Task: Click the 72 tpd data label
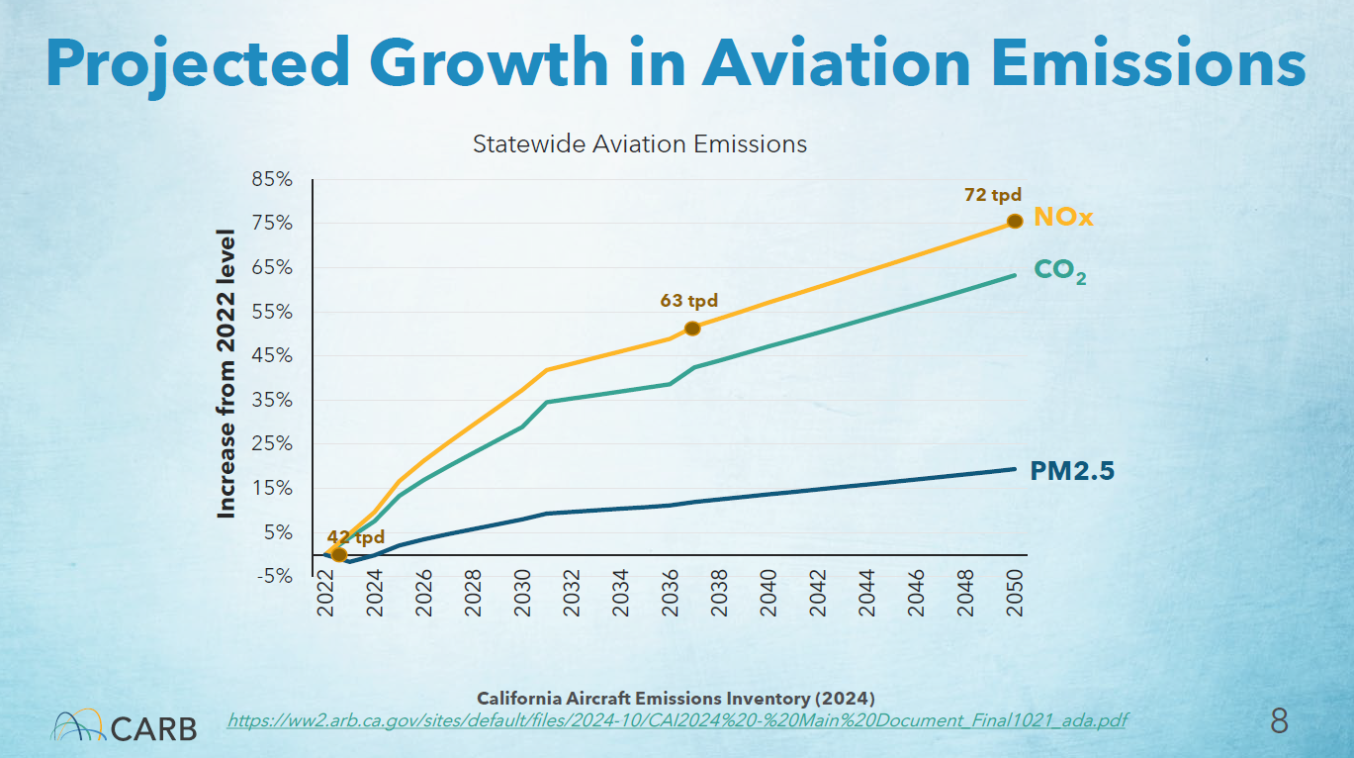(x=992, y=195)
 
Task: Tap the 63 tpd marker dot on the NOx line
(x=692, y=329)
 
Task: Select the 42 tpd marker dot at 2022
(x=338, y=555)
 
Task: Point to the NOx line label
(x=1063, y=218)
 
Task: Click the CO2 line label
(x=1060, y=270)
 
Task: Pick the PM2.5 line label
(x=1072, y=472)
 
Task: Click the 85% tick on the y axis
(x=272, y=180)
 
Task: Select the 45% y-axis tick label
(x=272, y=356)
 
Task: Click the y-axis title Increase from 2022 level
(x=227, y=374)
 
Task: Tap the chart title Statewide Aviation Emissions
(x=640, y=144)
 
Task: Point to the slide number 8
(x=1279, y=720)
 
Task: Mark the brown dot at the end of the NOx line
(x=1015, y=221)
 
